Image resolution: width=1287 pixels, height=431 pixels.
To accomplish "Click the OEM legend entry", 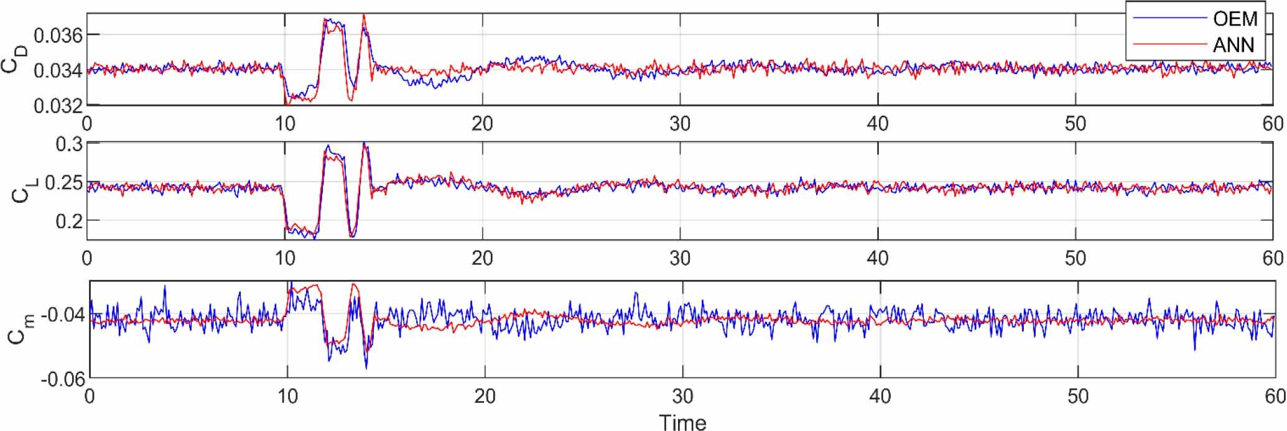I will coord(1235,19).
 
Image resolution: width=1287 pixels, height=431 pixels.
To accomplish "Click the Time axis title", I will coord(682,422).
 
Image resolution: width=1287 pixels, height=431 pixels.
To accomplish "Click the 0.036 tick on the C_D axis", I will coord(58,35).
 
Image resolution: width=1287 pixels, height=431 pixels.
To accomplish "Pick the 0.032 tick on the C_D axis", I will coord(58,106).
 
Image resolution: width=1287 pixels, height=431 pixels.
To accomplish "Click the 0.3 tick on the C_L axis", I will coord(68,145).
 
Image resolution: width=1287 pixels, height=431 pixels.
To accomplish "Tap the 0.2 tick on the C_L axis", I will coord(68,221).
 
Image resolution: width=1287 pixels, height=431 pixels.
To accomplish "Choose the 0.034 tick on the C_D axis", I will coord(58,70).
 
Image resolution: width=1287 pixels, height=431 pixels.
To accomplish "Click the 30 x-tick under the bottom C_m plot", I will coord(682,396).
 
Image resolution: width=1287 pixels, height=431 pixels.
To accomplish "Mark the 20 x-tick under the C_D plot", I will coord(482,123).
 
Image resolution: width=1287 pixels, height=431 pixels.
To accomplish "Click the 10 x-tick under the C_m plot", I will coord(287,396).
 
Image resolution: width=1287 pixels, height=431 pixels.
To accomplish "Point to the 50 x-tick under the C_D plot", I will coord(1076,123).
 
